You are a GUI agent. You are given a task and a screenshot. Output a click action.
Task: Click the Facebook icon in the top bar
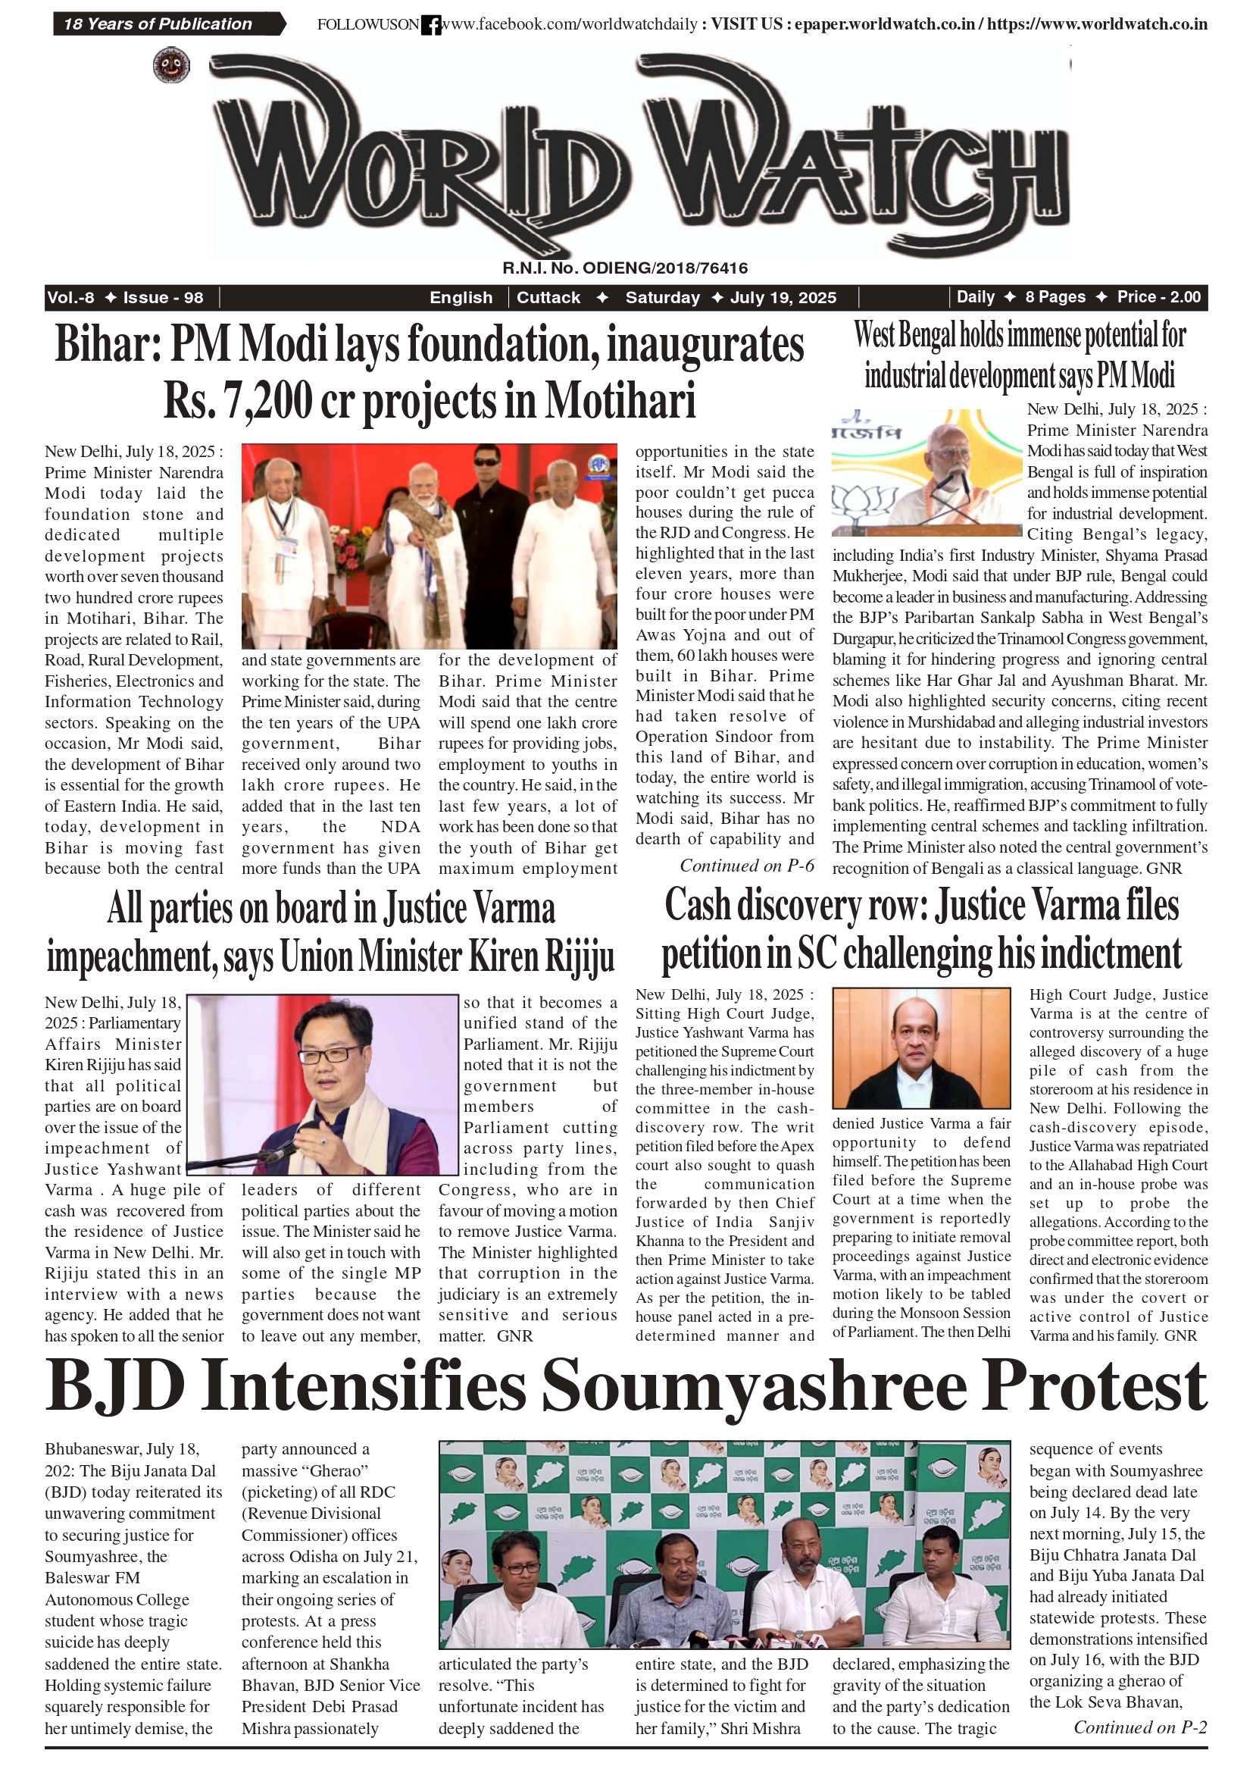[x=431, y=25]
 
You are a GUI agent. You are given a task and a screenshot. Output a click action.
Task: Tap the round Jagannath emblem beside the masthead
[x=170, y=64]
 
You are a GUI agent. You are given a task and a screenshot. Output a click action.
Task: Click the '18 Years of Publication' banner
[x=160, y=24]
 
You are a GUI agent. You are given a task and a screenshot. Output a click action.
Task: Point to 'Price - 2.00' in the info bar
[x=1158, y=297]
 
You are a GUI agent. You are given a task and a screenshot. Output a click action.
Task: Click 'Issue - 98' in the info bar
[x=163, y=298]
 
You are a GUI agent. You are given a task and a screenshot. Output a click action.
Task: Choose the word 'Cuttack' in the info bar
[x=548, y=298]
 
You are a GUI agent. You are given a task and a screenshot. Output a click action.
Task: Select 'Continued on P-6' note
[x=746, y=866]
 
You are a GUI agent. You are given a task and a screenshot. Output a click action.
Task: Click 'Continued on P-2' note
[x=1140, y=1727]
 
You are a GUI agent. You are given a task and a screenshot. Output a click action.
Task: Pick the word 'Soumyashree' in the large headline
[x=754, y=1386]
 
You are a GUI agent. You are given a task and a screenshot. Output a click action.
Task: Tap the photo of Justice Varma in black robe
[x=921, y=1047]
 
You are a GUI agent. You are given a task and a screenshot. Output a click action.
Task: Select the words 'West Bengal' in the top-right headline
[x=905, y=336]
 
